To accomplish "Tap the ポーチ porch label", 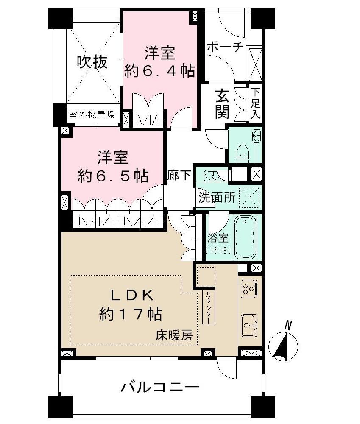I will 225,47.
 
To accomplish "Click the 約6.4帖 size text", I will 159,70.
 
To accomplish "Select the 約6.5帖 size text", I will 112,175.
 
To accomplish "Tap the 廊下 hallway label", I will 179,176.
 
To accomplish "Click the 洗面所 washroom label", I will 215,198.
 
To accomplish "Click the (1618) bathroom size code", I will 218,251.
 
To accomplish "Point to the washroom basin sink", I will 211,175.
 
